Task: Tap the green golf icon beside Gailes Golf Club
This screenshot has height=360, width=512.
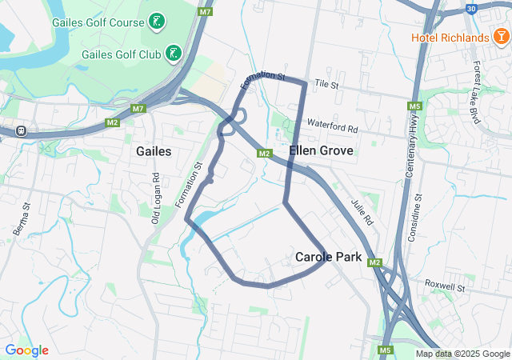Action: (x=172, y=54)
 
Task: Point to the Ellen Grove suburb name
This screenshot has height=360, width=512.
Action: (x=316, y=150)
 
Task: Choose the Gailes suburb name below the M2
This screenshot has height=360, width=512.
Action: (x=154, y=151)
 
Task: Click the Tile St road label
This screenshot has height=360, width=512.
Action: (x=327, y=83)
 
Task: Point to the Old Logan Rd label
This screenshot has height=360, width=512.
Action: (x=157, y=198)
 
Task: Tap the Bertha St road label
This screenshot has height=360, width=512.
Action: (x=22, y=218)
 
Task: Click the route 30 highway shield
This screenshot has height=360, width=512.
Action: (x=470, y=8)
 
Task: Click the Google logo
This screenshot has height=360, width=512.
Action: (x=26, y=350)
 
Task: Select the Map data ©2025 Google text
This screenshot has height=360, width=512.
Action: (x=462, y=354)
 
